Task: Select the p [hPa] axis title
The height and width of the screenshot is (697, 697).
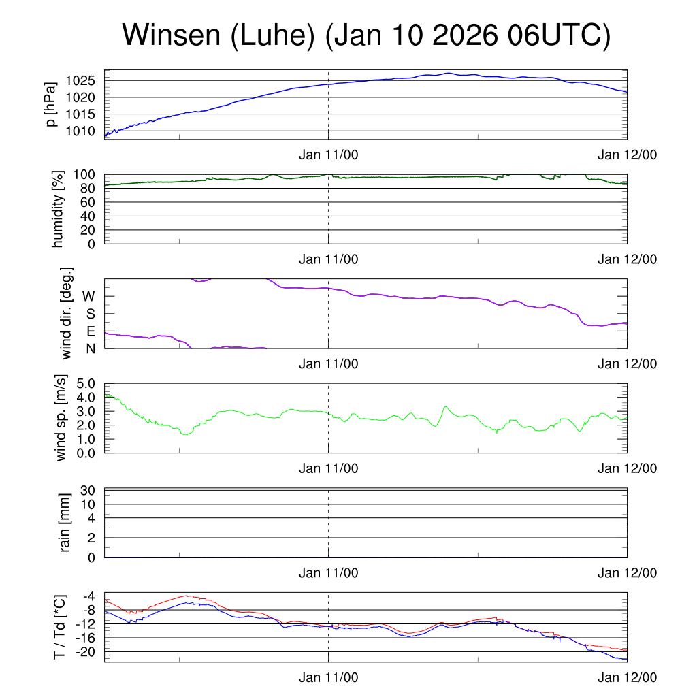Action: point(50,103)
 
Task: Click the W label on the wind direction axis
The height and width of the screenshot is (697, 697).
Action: point(89,297)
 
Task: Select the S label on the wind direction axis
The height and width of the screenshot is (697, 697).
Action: point(89,314)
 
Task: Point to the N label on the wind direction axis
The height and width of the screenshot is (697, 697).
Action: point(89,348)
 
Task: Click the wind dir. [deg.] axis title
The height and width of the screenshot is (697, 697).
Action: point(67,314)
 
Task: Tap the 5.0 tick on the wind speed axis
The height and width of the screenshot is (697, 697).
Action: point(84,383)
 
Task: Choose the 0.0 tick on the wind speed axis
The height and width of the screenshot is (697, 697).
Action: point(84,453)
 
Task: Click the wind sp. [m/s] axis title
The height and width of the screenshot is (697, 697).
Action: point(61,419)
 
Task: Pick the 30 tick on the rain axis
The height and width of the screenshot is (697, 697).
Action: point(88,491)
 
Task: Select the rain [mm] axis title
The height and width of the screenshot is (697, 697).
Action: point(65,523)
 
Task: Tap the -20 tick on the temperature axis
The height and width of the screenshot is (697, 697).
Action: point(85,651)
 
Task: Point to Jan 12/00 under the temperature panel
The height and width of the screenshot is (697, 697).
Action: point(628,678)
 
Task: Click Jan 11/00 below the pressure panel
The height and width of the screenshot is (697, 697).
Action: point(329,155)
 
